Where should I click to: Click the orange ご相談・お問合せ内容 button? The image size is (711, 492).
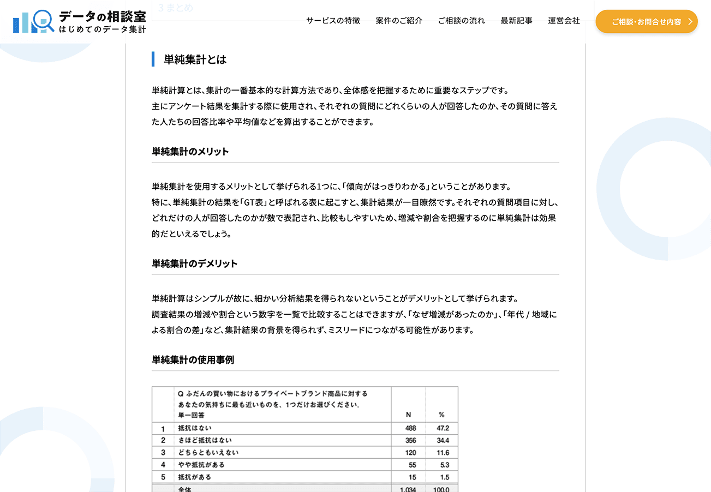[x=646, y=22]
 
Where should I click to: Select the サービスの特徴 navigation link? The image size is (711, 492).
[x=333, y=21]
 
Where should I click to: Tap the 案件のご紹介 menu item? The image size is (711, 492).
[x=399, y=21]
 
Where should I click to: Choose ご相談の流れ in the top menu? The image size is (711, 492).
[x=461, y=21]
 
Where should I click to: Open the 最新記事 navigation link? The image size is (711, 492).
[x=516, y=21]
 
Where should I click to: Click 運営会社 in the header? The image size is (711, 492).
[x=564, y=21]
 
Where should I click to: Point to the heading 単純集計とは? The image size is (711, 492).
[x=195, y=59]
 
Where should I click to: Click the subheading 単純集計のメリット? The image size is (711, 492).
[x=190, y=151]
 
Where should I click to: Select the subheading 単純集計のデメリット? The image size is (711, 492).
[x=194, y=263]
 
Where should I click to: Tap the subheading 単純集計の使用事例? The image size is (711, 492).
[x=193, y=359]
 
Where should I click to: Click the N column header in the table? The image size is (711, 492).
[x=408, y=415]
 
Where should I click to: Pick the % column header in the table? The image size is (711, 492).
[x=441, y=415]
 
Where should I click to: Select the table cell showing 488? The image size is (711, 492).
[x=410, y=428]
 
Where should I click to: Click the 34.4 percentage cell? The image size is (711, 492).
[x=443, y=440]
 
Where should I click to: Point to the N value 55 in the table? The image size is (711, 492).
[x=412, y=465]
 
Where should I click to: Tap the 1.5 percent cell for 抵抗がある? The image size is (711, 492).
[x=444, y=477]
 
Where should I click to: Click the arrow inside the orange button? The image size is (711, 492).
[x=690, y=22]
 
